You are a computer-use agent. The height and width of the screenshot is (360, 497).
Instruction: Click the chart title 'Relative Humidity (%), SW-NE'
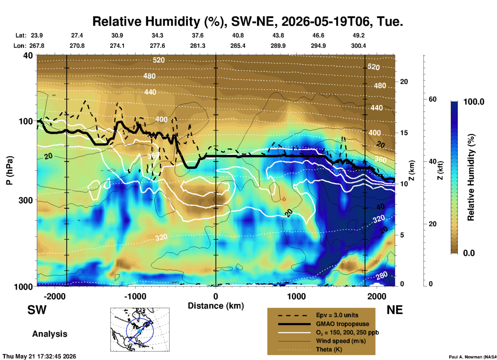click(x=183, y=21)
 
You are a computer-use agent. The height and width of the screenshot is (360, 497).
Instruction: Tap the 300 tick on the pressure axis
click(x=26, y=200)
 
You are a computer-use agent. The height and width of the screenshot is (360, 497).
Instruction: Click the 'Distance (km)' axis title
click(x=216, y=306)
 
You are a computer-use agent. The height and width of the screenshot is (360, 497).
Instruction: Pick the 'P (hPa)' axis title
click(x=10, y=170)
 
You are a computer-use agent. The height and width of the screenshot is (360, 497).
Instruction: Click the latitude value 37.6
click(x=197, y=35)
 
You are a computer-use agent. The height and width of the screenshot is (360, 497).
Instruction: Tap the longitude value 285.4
click(x=238, y=46)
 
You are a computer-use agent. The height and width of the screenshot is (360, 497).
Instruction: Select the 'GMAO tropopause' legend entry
click(x=342, y=324)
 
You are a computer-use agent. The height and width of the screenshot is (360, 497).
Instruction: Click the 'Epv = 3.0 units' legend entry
click(x=337, y=315)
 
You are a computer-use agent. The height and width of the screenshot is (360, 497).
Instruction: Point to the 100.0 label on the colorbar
click(x=474, y=102)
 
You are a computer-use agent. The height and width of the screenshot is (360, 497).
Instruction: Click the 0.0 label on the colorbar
click(x=469, y=253)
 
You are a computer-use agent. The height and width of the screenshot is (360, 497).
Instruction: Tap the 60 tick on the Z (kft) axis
click(x=432, y=99)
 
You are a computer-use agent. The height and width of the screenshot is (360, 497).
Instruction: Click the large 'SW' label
click(x=37, y=310)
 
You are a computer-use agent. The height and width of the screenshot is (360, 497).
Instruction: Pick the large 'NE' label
click(x=395, y=310)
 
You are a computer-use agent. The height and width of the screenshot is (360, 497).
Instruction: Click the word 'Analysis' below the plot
click(x=50, y=334)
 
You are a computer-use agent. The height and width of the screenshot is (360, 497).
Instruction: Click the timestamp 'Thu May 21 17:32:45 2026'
click(x=39, y=356)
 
